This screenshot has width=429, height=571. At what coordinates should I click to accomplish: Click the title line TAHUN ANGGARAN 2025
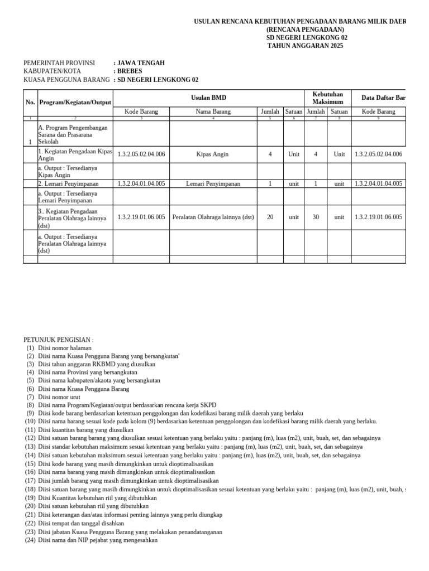point(306,46)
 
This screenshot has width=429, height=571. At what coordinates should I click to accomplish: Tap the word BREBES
point(129,71)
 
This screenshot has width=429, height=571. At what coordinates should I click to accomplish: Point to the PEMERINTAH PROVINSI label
point(59,63)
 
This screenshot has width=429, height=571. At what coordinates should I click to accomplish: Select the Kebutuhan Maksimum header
point(327,98)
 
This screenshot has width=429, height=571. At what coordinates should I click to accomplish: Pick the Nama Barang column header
point(213,112)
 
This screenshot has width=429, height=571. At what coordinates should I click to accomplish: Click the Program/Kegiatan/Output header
point(75,103)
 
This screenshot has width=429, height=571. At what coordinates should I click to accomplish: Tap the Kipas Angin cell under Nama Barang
point(213,154)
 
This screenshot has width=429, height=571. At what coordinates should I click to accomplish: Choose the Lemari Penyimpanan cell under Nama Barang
point(213,183)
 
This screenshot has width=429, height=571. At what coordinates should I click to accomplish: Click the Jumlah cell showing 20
point(270,217)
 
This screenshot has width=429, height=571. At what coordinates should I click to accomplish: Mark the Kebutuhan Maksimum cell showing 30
point(316,217)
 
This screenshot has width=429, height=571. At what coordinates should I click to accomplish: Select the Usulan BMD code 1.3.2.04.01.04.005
point(141,183)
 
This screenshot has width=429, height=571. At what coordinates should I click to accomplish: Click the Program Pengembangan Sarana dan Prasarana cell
point(74,134)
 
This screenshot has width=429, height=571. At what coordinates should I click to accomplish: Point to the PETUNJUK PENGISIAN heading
point(59,340)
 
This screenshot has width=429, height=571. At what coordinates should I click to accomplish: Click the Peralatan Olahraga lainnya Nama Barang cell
point(213,217)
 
